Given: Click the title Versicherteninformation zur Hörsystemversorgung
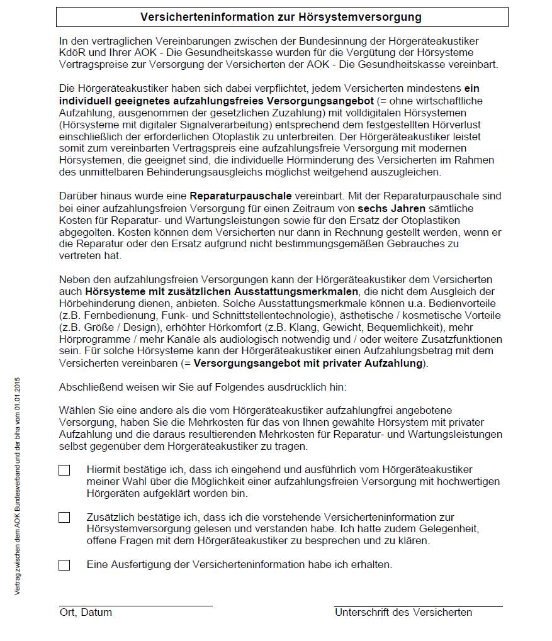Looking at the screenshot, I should [x=281, y=17].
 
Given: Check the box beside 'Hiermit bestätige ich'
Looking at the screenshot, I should [x=64, y=471].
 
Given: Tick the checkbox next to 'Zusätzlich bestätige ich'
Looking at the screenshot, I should [x=64, y=518].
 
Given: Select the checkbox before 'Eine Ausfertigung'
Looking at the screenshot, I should [x=64, y=565].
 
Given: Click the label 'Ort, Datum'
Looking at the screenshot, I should [x=86, y=612].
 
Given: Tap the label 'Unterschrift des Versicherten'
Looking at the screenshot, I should [x=403, y=612].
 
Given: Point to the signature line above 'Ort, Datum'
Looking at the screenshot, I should [x=135, y=606].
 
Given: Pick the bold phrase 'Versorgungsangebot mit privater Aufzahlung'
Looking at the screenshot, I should [x=308, y=363].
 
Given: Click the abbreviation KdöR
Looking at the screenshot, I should [x=72, y=53].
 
